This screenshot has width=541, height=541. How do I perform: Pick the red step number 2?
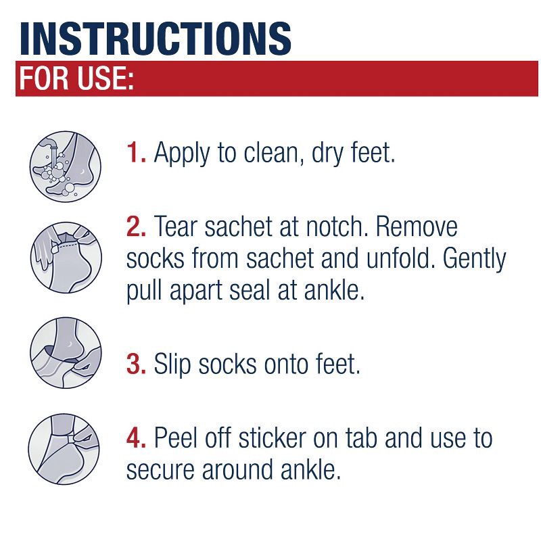pos(137,227)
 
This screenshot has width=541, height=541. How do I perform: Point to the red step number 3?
pos(137,364)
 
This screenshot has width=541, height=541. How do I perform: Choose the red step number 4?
pos(137,438)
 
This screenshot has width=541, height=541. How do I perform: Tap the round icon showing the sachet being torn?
pos(66,256)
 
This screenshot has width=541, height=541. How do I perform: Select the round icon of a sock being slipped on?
pos(66,354)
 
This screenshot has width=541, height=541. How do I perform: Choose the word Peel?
pos(179,438)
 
